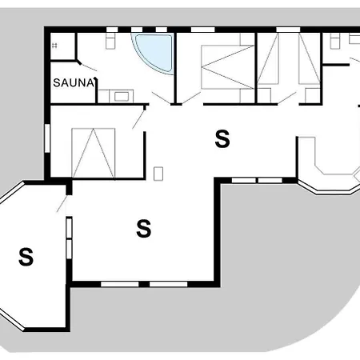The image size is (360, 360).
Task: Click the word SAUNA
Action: pos(74,82)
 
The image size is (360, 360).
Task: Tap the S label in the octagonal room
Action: pos(26,257)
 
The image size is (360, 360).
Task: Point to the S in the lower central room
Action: pos(144,229)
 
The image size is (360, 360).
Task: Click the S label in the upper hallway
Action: pos(222,139)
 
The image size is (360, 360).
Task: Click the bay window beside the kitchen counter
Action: pos(332,189)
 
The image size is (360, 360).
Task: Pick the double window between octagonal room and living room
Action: pos(70,239)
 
